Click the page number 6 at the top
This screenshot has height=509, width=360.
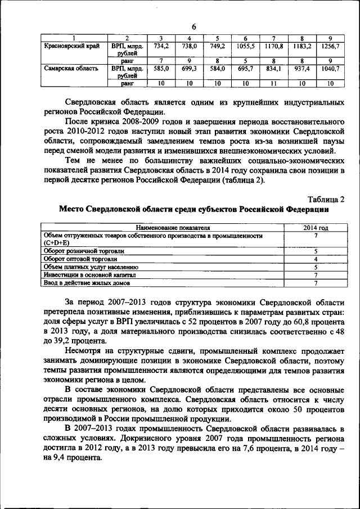193,26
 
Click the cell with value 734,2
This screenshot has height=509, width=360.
161,46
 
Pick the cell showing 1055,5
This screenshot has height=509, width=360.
245,46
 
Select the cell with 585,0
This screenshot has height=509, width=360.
161,69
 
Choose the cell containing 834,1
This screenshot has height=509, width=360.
273,69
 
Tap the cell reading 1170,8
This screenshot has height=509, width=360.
273,46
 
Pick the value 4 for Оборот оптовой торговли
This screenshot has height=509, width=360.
316,259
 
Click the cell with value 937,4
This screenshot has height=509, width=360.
301,69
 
